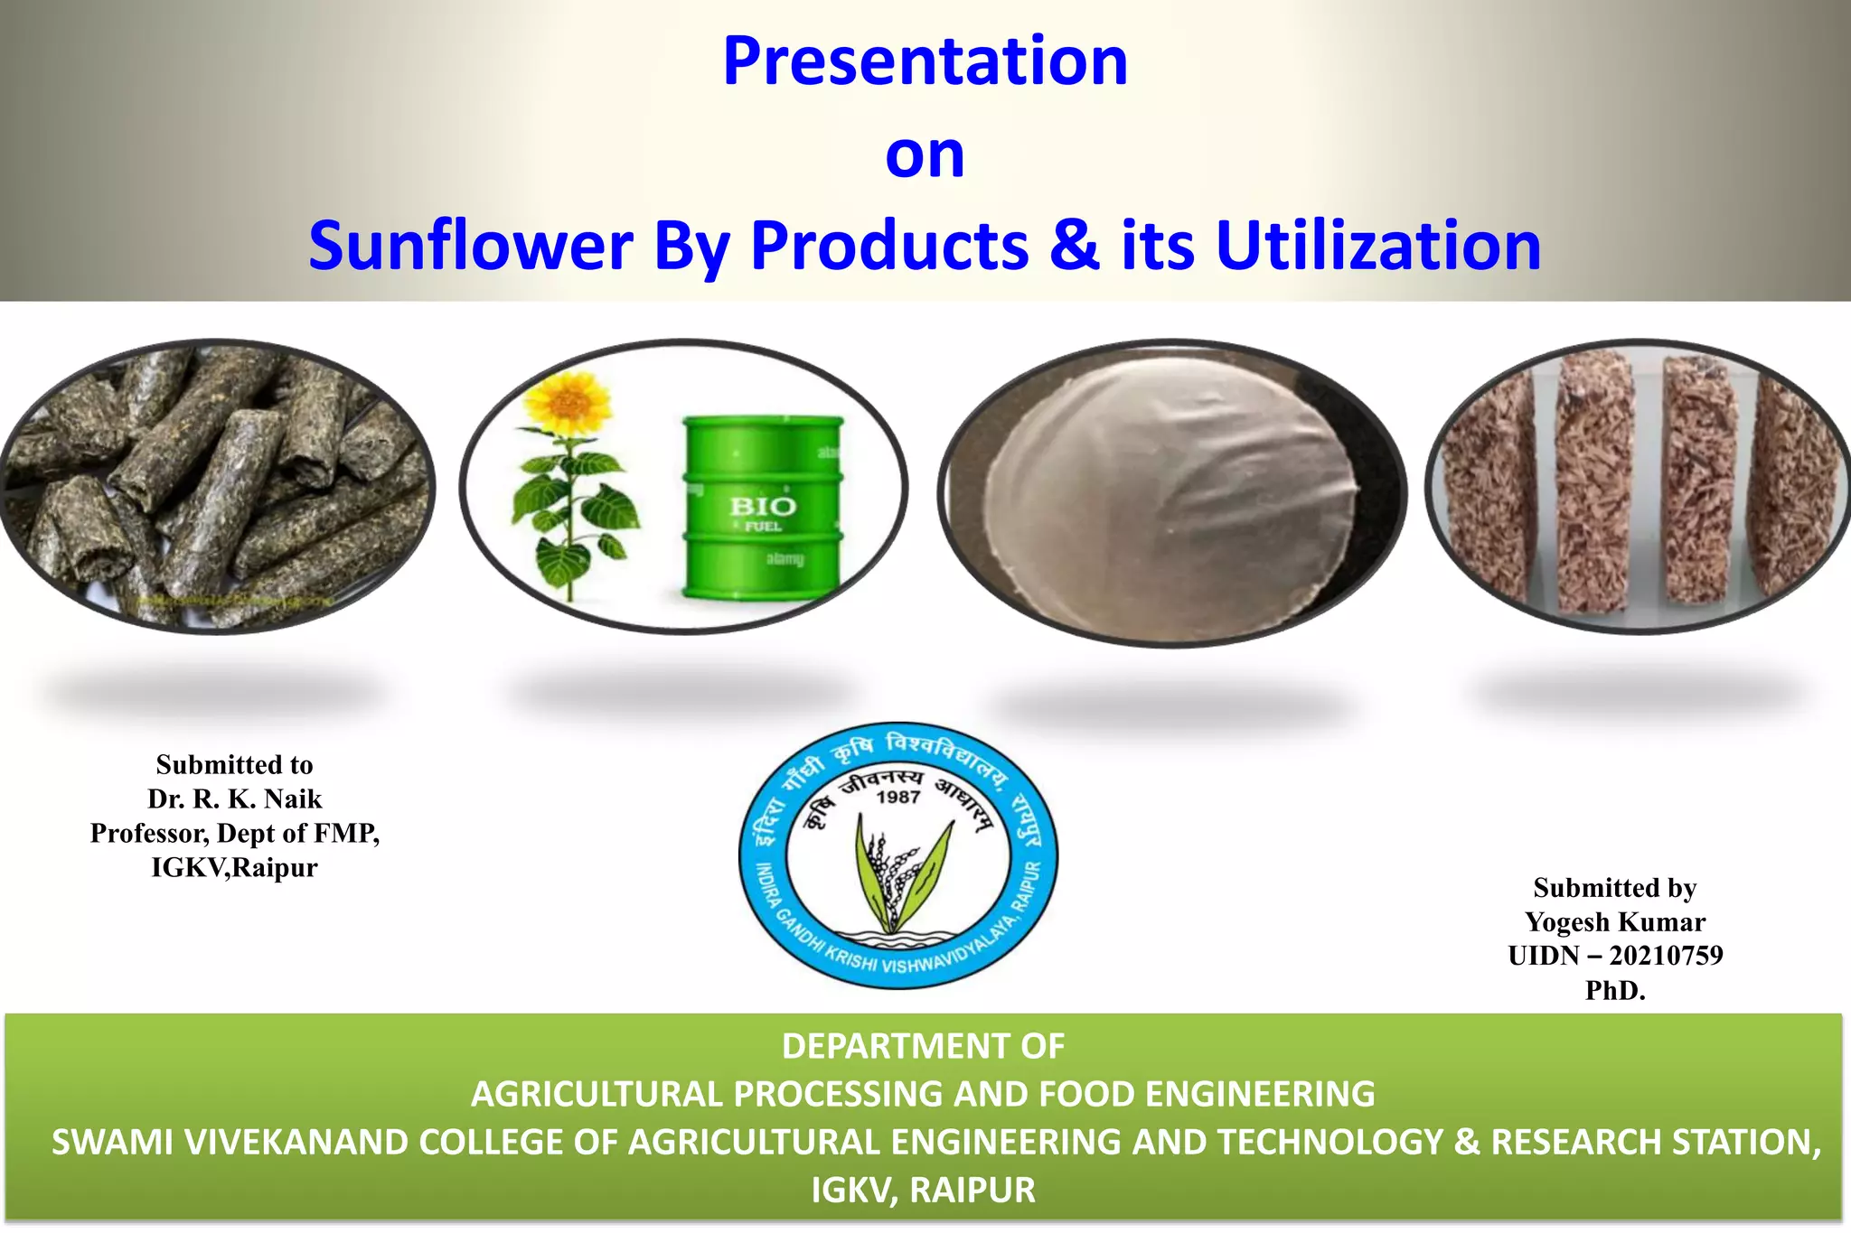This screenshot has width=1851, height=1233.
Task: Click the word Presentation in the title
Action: click(x=925, y=61)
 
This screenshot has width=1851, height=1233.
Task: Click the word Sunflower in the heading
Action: click(x=470, y=246)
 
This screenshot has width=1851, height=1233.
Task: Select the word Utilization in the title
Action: click(x=1378, y=246)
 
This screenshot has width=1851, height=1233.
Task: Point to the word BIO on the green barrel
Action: click(x=763, y=506)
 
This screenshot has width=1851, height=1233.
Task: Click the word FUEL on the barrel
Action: click(x=763, y=527)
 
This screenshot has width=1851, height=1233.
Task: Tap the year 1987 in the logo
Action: click(x=897, y=797)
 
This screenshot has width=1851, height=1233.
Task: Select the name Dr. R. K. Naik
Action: click(x=235, y=799)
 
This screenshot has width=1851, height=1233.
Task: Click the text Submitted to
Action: click(x=235, y=764)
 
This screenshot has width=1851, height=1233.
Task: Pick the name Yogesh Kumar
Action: click(x=1615, y=921)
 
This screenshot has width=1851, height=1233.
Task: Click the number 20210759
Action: click(x=1666, y=956)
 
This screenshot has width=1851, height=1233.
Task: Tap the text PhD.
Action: click(x=1615, y=990)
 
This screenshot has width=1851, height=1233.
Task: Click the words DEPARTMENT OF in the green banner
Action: click(x=923, y=1046)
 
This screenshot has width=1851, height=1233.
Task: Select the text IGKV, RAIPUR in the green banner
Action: click(x=923, y=1190)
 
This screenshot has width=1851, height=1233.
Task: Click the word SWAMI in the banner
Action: click(x=110, y=1142)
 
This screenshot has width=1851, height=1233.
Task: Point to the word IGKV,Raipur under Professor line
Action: click(x=235, y=867)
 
